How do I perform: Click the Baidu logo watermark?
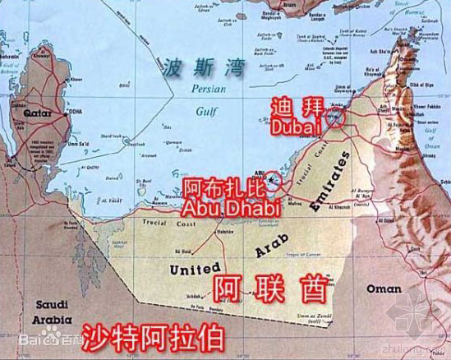pyautogui.click(x=37, y=337)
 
